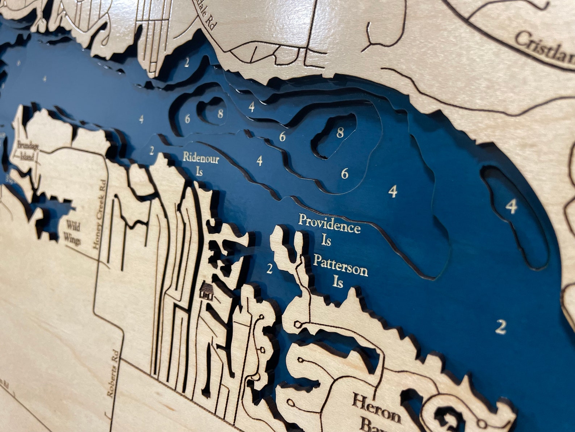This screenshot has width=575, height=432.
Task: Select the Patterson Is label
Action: [340, 270]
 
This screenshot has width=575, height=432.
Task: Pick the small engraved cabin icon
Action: [206, 291]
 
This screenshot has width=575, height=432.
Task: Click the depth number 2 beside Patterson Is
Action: [269, 269]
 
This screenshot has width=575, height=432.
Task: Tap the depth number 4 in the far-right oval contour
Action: [511, 207]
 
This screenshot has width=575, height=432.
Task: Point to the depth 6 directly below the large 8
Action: [344, 174]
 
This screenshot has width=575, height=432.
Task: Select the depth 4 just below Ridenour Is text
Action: [259, 160]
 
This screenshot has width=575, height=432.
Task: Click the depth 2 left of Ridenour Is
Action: [152, 150]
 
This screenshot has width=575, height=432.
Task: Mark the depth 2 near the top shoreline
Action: [186, 63]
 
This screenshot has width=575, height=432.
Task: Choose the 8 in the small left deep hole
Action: [220, 114]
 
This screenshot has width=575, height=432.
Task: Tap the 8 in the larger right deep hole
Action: [340, 133]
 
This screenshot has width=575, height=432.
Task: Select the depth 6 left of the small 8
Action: [187, 119]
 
